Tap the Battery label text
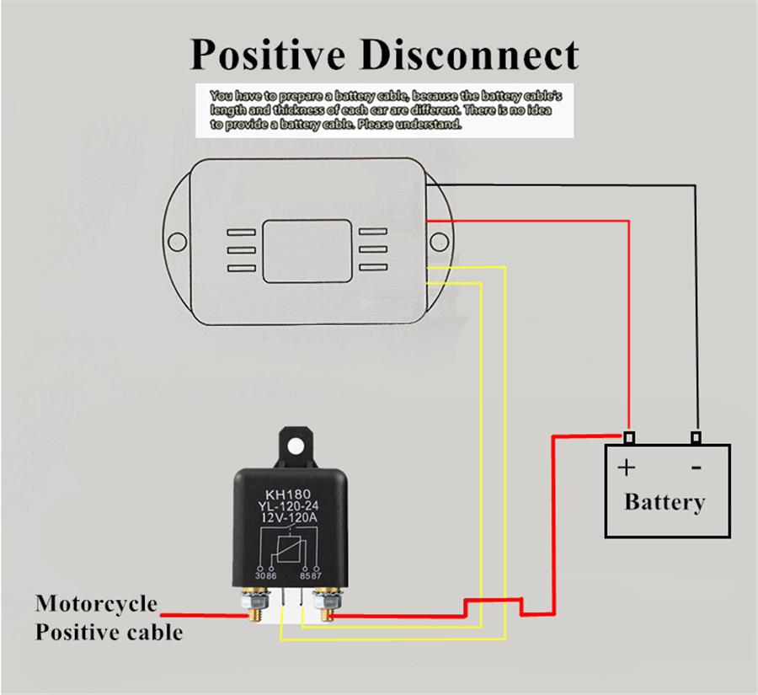[664, 502]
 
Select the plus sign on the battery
[627, 468]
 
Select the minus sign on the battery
[697, 467]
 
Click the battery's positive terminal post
[629, 437]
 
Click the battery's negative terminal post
[696, 437]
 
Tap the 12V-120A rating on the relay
[289, 518]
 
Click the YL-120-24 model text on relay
[289, 505]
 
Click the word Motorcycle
[96, 604]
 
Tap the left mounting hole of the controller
[177, 243]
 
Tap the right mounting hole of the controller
[439, 243]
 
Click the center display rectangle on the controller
[307, 249]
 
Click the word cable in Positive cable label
[150, 631]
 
